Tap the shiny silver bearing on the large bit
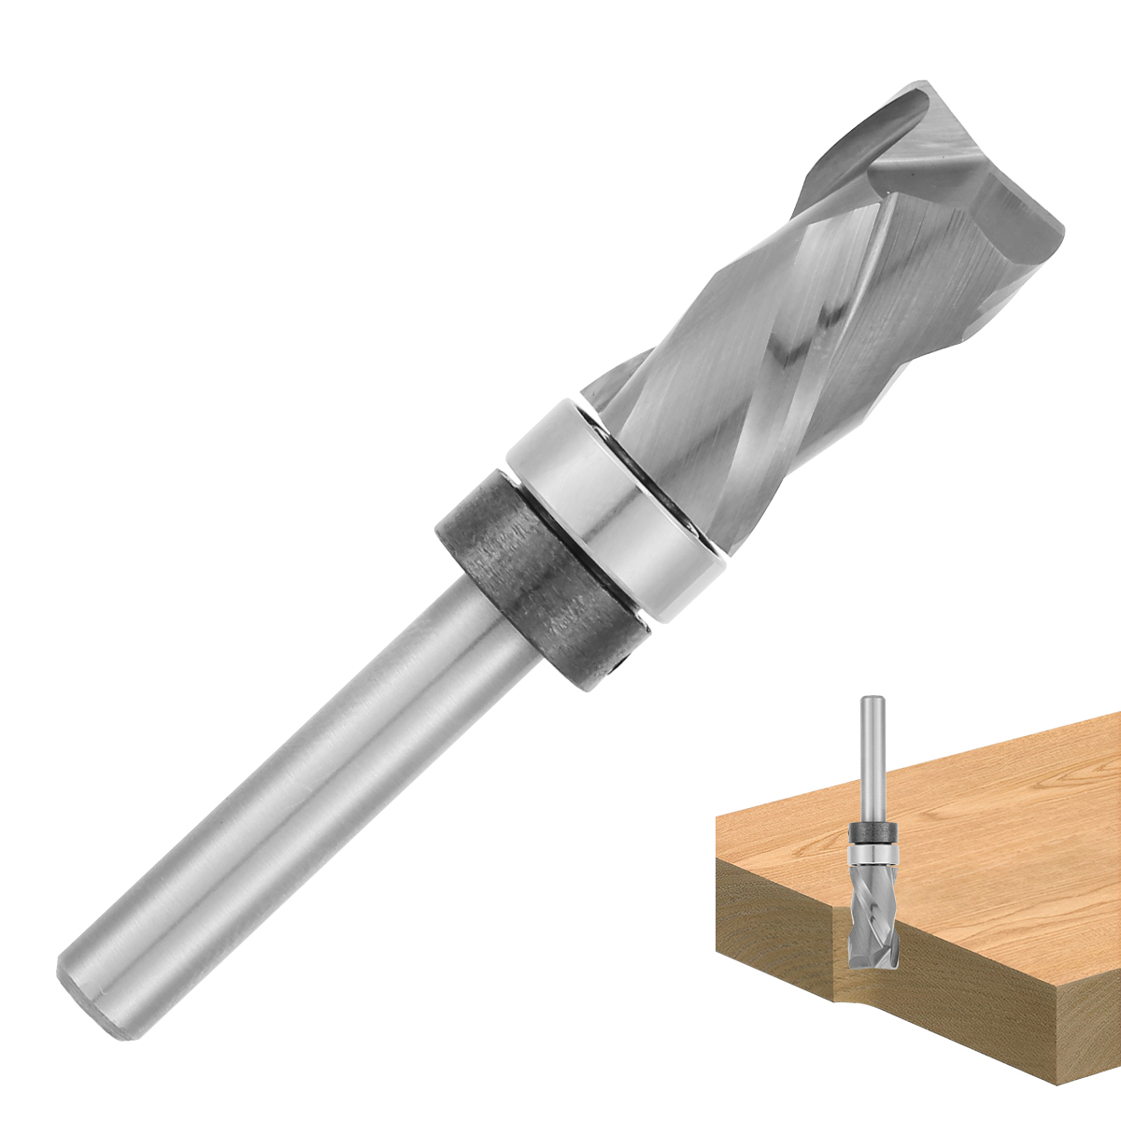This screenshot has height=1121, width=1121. [x=617, y=509]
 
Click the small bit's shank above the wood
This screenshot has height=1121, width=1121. [x=873, y=766]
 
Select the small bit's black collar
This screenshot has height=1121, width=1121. [x=873, y=833]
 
